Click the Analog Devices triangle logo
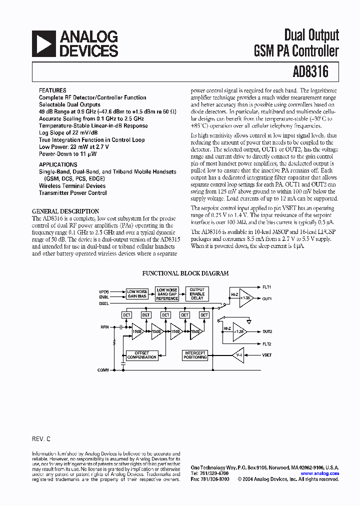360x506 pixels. tap(43, 43)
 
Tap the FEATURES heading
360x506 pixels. tap(52, 90)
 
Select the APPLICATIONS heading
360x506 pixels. tap(58, 164)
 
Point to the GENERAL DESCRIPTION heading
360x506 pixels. tap(65, 211)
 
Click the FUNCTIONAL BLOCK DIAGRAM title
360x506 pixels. tap(185, 273)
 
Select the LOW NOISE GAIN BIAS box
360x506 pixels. tap(137, 294)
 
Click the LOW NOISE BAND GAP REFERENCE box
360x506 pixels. tap(167, 294)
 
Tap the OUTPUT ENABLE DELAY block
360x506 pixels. tap(197, 293)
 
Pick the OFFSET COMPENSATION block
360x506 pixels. tap(142, 355)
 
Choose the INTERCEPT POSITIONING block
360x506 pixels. tap(195, 355)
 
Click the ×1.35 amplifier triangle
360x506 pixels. tap(245, 298)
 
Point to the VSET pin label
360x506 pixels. tap(267, 354)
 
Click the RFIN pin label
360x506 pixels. tap(104, 326)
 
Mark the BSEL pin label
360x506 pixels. tap(103, 303)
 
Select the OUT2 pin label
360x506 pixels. tap(267, 331)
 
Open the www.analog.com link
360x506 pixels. tap(319, 473)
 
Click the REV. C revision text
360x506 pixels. tap(41, 438)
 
